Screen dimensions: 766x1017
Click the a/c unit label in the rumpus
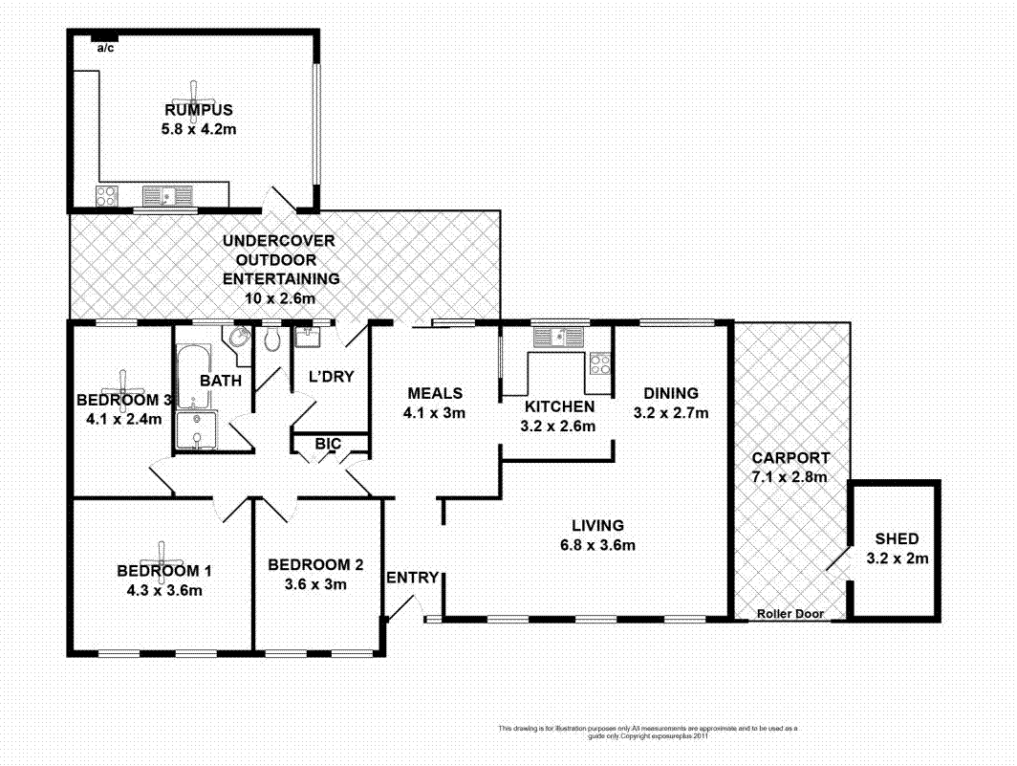(x=105, y=49)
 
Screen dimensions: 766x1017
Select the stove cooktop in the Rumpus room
(x=107, y=196)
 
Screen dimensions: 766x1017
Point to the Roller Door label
(x=789, y=614)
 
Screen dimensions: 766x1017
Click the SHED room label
(x=897, y=539)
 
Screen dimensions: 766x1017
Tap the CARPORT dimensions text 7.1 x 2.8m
(x=789, y=476)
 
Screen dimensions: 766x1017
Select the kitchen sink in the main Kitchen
(x=554, y=337)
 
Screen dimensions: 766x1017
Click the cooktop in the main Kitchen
(x=600, y=363)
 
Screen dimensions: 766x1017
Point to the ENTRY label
(x=412, y=578)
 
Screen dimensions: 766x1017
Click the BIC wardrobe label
(x=330, y=444)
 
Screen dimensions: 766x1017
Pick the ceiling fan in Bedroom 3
(x=123, y=383)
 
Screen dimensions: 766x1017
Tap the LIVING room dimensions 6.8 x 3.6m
(x=597, y=546)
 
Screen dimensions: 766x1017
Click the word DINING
(x=670, y=393)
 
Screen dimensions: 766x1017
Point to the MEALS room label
(x=435, y=393)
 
